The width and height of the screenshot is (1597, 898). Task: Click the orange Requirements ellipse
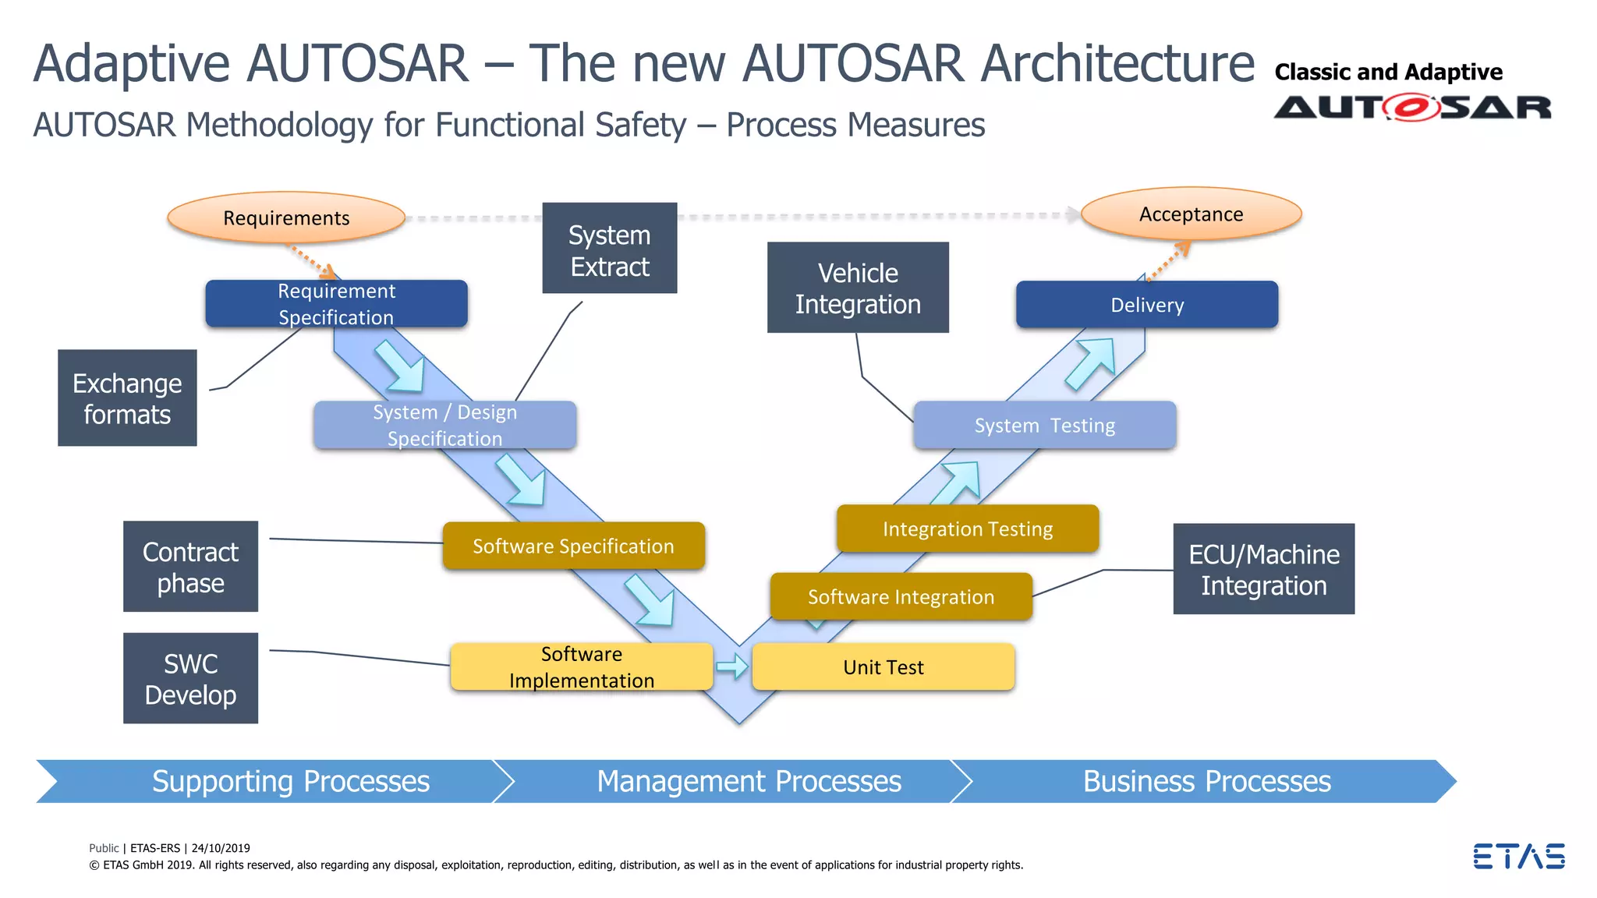click(x=286, y=217)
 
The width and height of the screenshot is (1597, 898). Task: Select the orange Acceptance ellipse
click(x=1191, y=214)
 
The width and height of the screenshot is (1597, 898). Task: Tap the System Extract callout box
click(x=609, y=249)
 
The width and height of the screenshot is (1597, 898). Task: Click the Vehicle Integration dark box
click(x=858, y=288)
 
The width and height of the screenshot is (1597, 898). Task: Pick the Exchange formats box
click(x=127, y=398)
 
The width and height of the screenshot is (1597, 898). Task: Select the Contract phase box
click(x=190, y=567)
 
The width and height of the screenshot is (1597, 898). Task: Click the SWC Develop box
click(x=190, y=678)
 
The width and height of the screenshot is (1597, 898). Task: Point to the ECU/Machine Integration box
click(x=1263, y=569)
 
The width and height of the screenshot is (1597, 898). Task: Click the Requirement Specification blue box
click(x=336, y=304)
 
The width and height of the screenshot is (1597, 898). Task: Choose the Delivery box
click(x=1146, y=305)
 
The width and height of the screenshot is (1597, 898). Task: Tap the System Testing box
click(x=1044, y=426)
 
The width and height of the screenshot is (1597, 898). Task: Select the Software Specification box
click(x=573, y=546)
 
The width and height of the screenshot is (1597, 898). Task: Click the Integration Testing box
click(x=967, y=529)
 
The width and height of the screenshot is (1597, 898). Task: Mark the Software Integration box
click(x=901, y=597)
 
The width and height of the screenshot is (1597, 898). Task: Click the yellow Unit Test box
click(x=883, y=667)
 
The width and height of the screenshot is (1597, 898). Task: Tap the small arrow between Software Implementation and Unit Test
click(x=732, y=666)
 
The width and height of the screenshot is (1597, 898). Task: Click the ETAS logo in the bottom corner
click(x=1518, y=856)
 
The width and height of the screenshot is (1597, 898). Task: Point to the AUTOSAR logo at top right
click(x=1412, y=107)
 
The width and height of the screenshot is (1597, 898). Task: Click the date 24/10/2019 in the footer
click(x=221, y=848)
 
